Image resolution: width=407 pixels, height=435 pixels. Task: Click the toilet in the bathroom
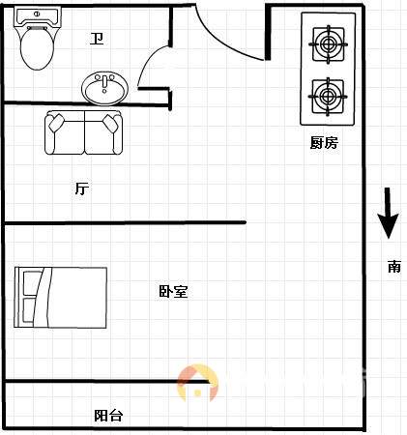tap(37, 39)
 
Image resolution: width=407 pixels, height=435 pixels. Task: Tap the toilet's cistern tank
tap(37, 16)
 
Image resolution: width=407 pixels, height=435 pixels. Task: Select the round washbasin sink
tap(104, 88)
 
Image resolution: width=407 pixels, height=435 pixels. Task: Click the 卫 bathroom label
tap(97, 39)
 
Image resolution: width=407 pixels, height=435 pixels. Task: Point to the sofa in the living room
tap(84, 132)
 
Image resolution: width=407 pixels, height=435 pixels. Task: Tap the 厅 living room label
tap(82, 188)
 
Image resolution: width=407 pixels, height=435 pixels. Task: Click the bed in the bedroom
tap(61, 298)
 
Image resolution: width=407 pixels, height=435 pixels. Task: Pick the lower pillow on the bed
tap(29, 310)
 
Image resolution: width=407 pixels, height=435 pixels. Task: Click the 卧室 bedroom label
tap(173, 292)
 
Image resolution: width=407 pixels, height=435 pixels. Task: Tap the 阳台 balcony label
tap(108, 416)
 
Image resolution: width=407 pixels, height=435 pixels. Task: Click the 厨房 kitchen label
tap(324, 143)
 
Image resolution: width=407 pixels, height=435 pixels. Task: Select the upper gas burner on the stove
tap(328, 44)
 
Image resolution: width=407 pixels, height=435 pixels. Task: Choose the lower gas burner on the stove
tap(328, 97)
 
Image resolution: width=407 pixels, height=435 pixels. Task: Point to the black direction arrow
tap(388, 213)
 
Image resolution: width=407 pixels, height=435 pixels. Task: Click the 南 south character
tap(394, 267)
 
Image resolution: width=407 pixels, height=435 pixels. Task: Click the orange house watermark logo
tap(197, 383)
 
